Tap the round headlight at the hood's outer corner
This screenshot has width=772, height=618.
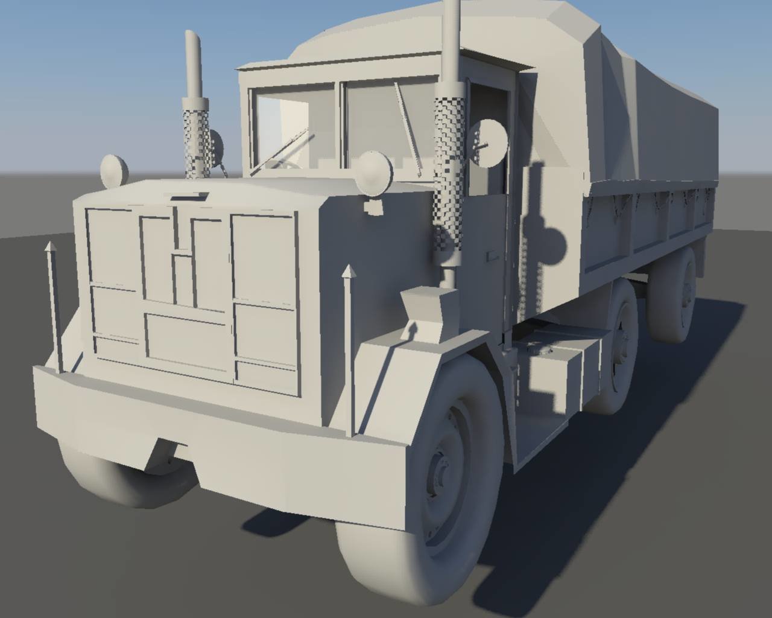tap(113, 171)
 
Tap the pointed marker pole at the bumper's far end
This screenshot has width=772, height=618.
tap(52, 302)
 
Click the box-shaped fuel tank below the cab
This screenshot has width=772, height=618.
tap(555, 374)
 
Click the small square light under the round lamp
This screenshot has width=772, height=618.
tap(374, 207)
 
